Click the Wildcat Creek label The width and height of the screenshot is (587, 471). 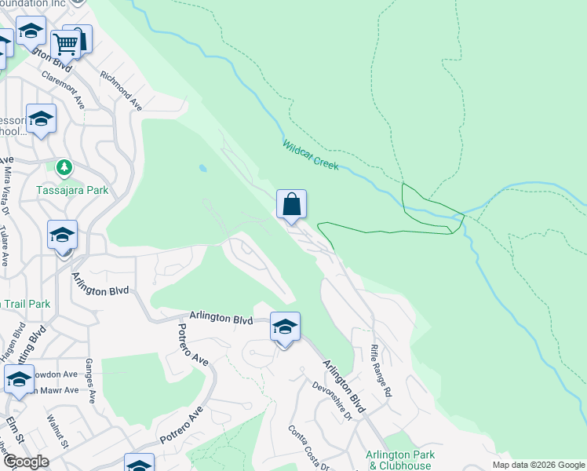tap(311, 155)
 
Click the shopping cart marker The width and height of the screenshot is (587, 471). tap(67, 45)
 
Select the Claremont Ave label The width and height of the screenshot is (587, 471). tap(64, 90)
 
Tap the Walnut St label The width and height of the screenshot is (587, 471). tap(58, 433)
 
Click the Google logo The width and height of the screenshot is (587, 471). tap(25, 462)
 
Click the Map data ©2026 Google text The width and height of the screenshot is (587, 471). tap(538, 465)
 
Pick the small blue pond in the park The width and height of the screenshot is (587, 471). tap(203, 168)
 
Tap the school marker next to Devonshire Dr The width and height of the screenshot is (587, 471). tap(285, 327)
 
